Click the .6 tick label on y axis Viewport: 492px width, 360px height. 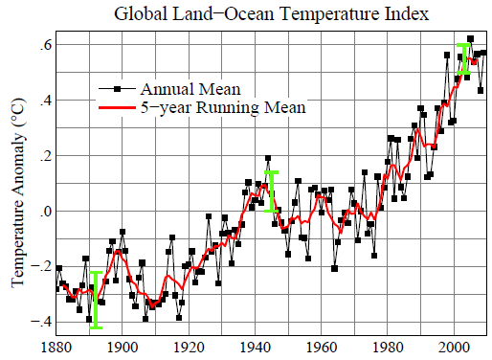[x=44, y=45]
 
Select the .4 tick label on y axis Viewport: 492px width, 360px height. [x=44, y=101]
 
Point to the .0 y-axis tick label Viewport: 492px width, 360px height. [x=44, y=211]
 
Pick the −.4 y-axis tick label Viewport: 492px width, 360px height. [x=41, y=322]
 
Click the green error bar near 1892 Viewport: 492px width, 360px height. [x=96, y=300]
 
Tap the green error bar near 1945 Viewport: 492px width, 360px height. [x=272, y=191]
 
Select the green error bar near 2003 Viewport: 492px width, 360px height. [x=464, y=58]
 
